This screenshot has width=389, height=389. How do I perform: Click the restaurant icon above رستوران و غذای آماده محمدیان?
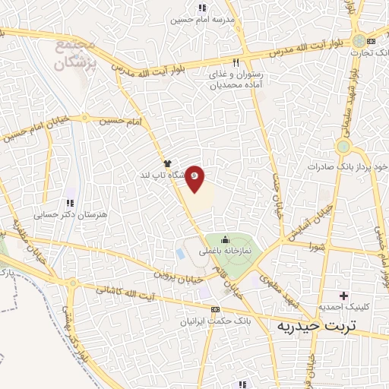[236, 63]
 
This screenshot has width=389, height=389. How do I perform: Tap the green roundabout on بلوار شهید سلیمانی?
[344, 145]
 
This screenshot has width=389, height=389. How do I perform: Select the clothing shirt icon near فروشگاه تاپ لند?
[167, 163]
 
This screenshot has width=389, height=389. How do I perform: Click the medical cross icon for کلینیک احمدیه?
[344, 295]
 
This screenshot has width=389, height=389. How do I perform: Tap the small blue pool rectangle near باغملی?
[181, 251]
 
